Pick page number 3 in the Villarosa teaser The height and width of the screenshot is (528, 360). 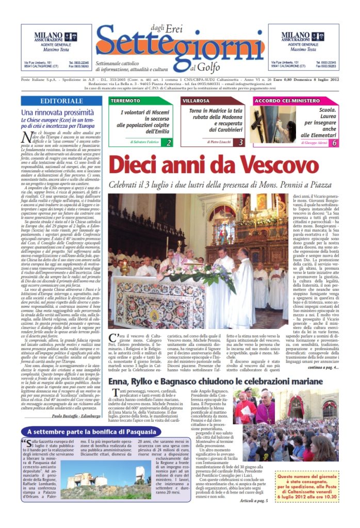241,142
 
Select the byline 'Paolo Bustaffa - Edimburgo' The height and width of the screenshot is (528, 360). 75,431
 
